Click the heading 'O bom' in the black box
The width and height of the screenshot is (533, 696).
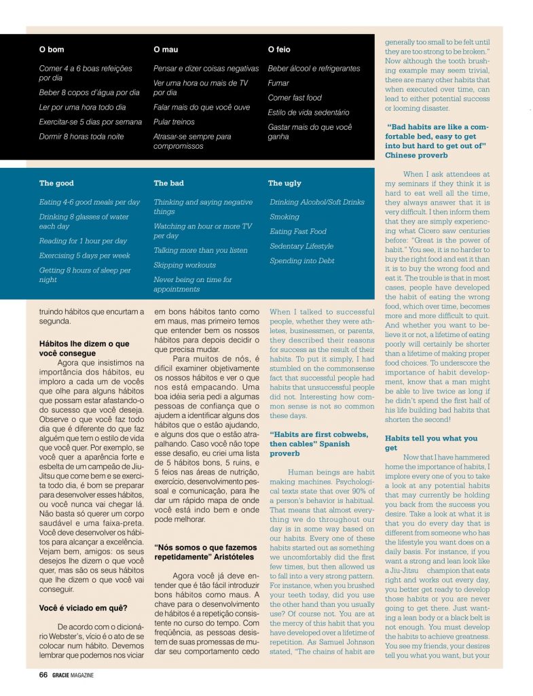point(52,50)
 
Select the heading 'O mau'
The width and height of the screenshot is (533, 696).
point(166,50)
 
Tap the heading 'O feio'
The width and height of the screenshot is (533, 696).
point(279,50)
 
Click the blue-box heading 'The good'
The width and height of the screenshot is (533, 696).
point(56,183)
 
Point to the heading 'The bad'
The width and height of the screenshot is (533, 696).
point(168,183)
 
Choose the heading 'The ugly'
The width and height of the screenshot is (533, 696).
point(284,183)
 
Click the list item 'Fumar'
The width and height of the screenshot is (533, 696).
point(278,83)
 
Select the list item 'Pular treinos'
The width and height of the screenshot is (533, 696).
point(174,122)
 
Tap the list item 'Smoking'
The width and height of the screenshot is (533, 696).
point(284,217)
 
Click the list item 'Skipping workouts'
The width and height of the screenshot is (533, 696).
point(185,265)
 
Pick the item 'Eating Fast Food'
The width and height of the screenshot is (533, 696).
point(298,232)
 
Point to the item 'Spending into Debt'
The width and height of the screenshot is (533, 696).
point(301,261)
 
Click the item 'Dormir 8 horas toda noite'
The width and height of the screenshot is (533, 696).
point(81,137)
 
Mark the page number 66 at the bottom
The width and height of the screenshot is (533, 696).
point(43,675)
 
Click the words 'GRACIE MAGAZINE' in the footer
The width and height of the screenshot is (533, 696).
point(73,675)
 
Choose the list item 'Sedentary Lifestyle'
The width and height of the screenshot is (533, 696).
point(301,246)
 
